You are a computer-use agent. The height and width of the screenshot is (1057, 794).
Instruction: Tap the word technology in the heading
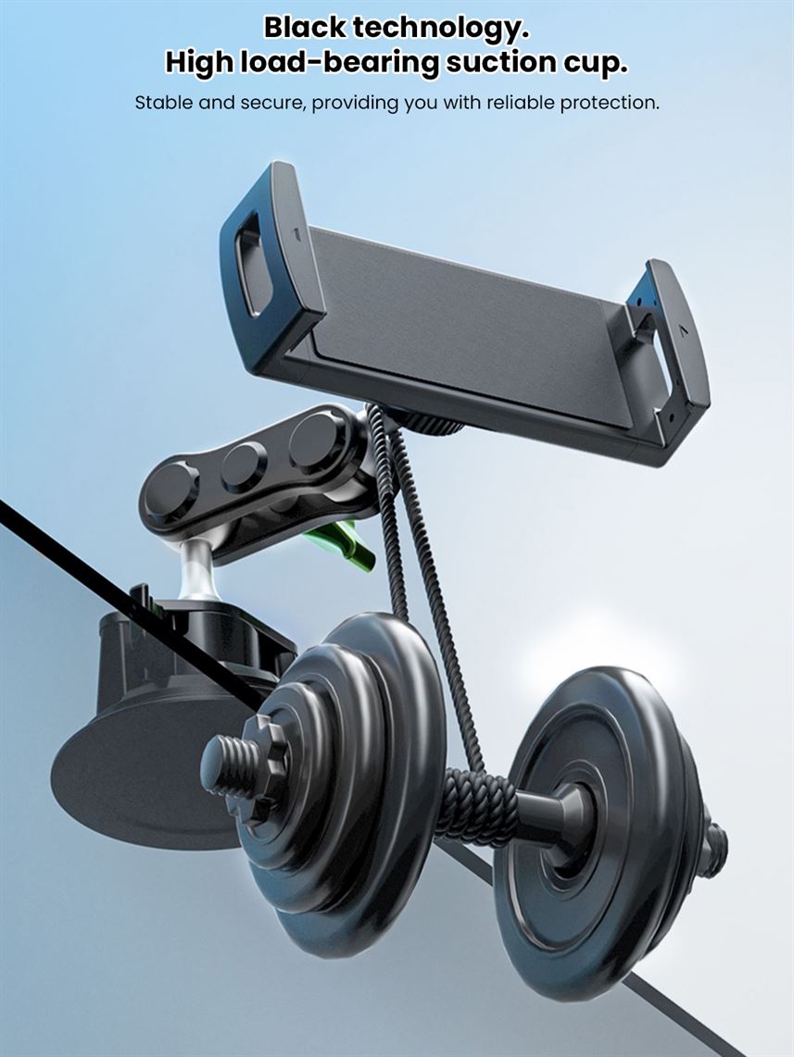pyautogui.click(x=441, y=29)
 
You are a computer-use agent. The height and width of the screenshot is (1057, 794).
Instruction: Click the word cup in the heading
pyautogui.click(x=594, y=64)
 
